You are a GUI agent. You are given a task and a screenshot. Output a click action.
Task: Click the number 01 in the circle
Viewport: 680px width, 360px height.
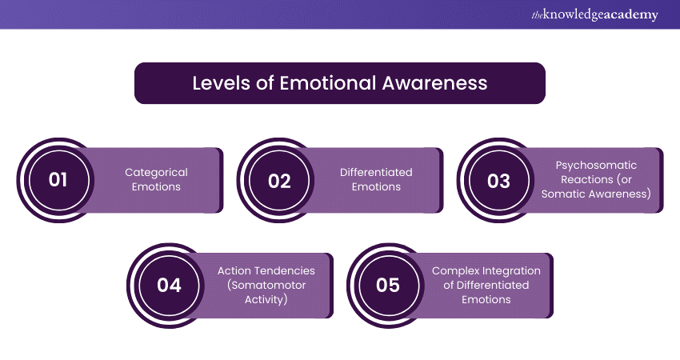[58, 180]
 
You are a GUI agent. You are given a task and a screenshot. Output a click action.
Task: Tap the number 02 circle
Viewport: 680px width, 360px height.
[279, 180]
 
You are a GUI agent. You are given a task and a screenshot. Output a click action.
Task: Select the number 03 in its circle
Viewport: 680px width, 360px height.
[498, 180]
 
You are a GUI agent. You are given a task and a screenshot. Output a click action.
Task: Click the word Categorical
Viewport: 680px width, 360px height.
[156, 172]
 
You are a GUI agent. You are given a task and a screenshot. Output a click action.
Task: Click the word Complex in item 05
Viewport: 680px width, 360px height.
[452, 270]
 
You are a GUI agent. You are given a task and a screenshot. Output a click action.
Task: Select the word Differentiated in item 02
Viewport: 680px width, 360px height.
[376, 172]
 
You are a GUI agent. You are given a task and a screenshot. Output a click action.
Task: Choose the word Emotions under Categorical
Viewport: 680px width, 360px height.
[156, 186]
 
